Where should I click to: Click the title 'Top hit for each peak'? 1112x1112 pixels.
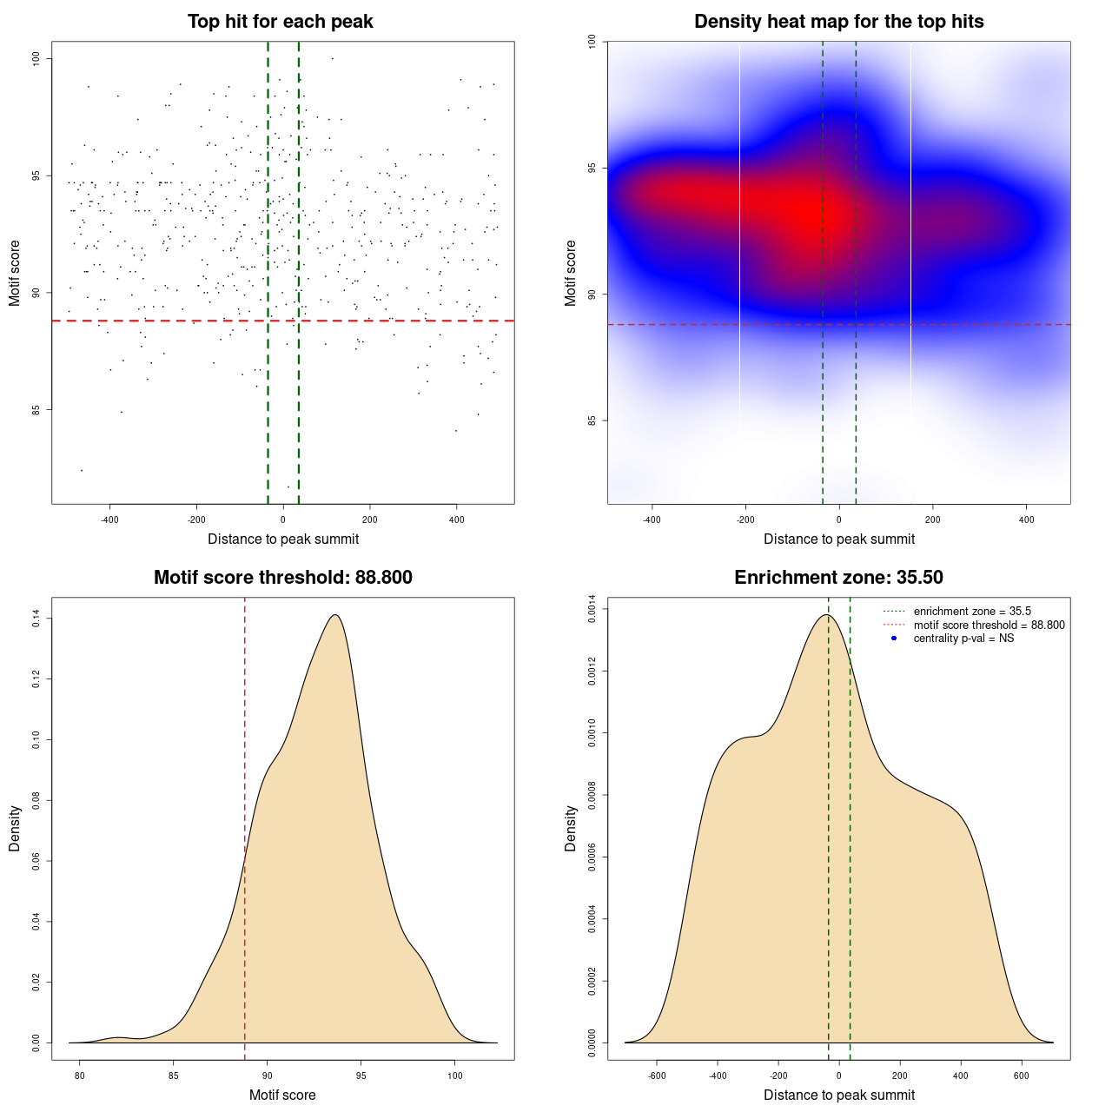click(x=280, y=22)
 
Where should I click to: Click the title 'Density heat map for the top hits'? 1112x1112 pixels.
click(x=838, y=22)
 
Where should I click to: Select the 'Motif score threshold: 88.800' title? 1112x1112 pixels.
click(x=282, y=578)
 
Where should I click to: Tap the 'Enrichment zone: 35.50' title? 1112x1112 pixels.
click(x=838, y=578)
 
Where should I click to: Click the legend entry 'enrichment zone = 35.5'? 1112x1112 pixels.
click(x=972, y=612)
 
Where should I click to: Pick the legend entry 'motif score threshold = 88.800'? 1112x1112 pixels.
click(x=989, y=625)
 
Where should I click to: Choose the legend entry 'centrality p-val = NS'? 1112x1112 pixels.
click(x=963, y=639)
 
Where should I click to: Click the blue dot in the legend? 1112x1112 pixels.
click(x=894, y=639)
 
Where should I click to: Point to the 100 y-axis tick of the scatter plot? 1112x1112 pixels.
click(x=36, y=59)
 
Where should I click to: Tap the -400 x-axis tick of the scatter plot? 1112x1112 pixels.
click(x=109, y=520)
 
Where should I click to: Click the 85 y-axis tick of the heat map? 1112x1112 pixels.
click(x=592, y=420)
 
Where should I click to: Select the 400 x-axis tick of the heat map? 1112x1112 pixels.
click(x=1026, y=520)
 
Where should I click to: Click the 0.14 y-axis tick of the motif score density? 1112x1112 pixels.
click(x=36, y=619)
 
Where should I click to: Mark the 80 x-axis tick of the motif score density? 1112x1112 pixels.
click(x=80, y=1076)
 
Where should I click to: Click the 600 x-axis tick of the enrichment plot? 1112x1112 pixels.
click(x=1022, y=1076)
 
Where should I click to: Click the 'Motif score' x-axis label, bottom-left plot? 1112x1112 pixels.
click(x=282, y=1095)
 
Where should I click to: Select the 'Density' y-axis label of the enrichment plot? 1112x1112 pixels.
click(x=571, y=828)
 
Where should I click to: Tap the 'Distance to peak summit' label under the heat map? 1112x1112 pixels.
click(x=838, y=539)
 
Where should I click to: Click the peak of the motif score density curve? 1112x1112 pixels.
click(x=334, y=615)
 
